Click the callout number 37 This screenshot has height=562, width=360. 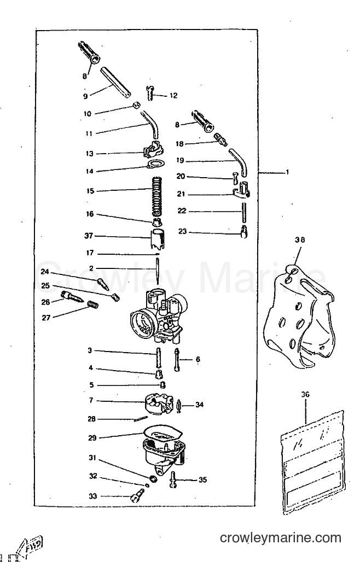(x=89, y=236)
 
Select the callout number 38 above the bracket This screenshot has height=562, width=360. (x=300, y=240)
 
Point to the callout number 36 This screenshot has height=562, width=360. (x=305, y=395)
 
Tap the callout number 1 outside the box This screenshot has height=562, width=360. (x=287, y=172)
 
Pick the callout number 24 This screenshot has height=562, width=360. (x=45, y=272)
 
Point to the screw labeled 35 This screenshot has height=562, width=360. (x=173, y=479)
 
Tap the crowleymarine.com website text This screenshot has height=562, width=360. (x=281, y=538)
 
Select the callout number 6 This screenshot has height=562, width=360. (x=198, y=360)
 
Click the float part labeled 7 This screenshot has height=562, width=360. (x=158, y=405)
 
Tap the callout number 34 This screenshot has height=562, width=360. (x=199, y=405)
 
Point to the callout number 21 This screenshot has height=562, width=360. (x=181, y=194)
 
